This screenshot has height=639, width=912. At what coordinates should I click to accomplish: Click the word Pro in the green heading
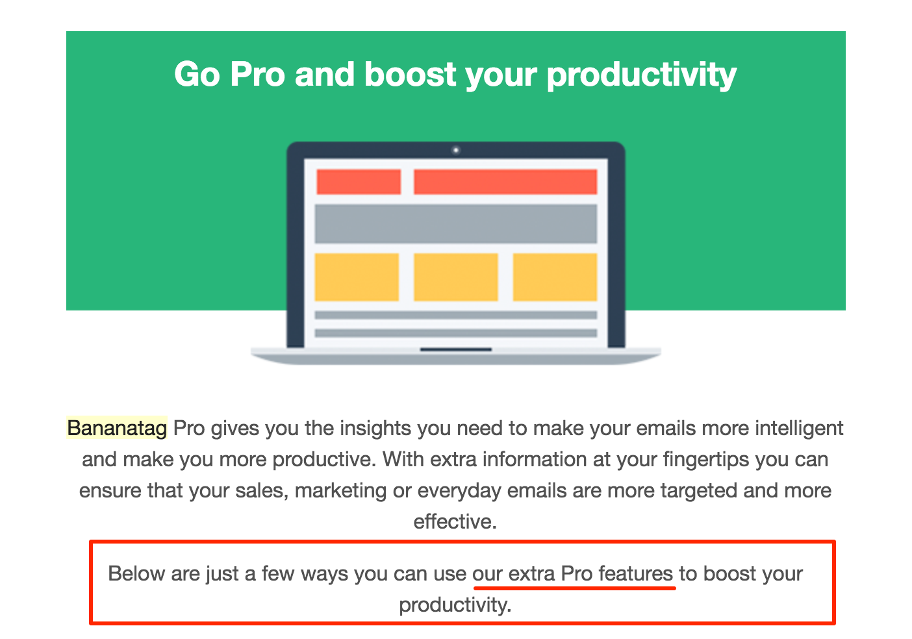257,74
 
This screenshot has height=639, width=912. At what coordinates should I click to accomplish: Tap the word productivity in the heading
642,76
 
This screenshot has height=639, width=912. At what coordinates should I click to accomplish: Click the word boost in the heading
410,74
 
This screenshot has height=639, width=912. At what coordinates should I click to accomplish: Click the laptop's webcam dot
455,150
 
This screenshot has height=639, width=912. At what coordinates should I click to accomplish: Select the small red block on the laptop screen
359,182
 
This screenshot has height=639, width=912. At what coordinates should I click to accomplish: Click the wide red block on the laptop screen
505,182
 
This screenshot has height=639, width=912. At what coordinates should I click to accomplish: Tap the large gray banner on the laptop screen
455,224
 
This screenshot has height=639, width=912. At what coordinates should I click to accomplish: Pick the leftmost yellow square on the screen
357,277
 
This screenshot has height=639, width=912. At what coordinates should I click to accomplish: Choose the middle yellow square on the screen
455,277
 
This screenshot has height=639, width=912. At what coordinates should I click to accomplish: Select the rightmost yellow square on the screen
555,277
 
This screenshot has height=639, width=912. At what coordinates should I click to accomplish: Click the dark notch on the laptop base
456,349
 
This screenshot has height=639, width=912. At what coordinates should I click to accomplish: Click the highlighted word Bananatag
117,428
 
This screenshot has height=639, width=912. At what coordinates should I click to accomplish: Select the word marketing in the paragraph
340,491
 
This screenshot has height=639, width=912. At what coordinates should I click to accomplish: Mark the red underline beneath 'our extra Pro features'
574,588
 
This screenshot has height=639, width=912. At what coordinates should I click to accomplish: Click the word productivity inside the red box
455,605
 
